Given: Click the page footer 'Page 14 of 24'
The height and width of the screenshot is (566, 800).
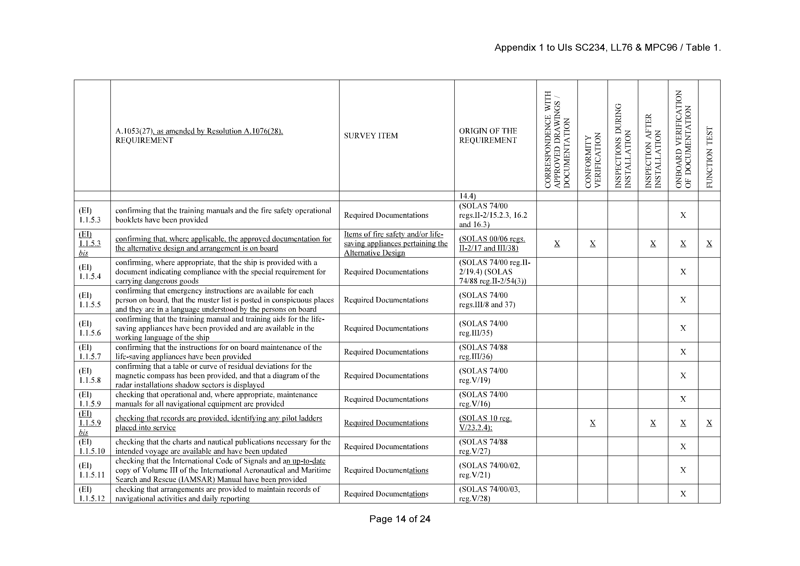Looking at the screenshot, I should [x=400, y=519].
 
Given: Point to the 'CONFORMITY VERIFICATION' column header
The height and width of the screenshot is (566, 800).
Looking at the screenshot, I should [x=593, y=160].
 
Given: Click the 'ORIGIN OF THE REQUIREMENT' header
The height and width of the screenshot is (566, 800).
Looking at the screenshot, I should [x=488, y=136].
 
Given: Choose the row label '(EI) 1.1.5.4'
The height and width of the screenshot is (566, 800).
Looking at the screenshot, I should [x=90, y=272].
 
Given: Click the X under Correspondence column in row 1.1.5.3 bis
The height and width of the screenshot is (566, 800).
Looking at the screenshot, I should [x=557, y=244].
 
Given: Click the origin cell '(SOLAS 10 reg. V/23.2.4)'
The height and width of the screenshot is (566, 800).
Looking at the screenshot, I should [x=485, y=423].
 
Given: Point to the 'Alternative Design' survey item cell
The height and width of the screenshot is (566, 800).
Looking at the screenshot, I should [x=395, y=244].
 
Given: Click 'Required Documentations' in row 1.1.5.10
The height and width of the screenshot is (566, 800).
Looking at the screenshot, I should [x=386, y=446].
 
